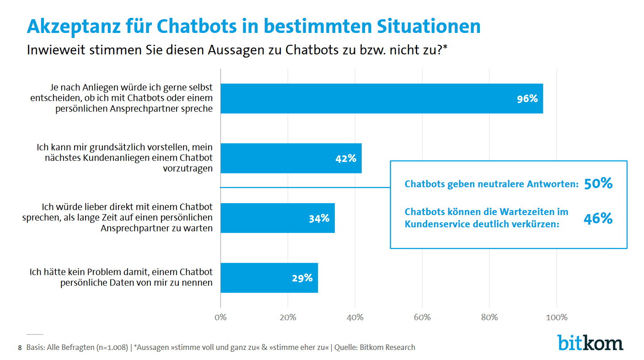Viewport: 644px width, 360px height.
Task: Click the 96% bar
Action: (381, 98)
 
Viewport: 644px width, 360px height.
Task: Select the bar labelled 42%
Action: (291, 158)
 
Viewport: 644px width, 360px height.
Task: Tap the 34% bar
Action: (278, 218)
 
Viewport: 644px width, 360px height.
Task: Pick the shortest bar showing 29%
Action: (269, 278)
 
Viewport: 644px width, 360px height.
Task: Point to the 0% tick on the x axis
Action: (220, 317)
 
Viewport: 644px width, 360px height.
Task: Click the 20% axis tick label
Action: (288, 317)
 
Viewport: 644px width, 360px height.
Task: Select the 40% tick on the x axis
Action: (355, 317)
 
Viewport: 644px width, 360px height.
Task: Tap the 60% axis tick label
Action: (422, 317)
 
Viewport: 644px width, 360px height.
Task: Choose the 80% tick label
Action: (489, 317)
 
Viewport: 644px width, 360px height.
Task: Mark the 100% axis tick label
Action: (556, 317)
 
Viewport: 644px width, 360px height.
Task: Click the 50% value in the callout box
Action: (598, 184)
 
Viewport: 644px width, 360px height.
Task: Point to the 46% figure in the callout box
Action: (598, 219)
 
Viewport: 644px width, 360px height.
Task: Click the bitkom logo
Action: (590, 343)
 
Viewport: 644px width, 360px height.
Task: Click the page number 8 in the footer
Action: (20, 348)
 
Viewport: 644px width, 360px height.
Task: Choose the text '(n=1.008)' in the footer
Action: (112, 347)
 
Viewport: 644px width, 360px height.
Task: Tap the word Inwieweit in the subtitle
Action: (53, 50)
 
